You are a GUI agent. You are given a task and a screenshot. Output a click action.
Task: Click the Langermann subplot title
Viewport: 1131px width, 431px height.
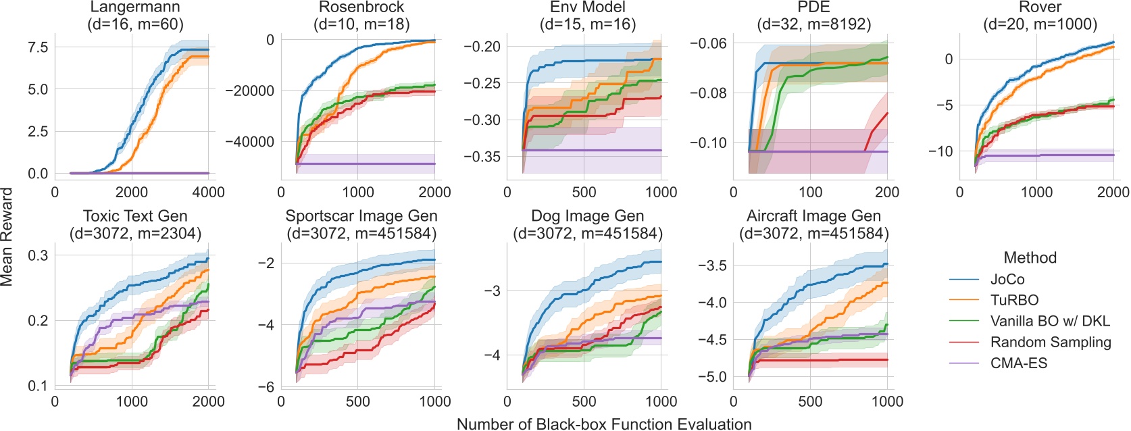135,8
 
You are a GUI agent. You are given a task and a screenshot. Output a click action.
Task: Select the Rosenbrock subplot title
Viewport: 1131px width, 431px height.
361,8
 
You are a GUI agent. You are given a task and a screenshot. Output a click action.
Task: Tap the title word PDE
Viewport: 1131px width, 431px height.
813,8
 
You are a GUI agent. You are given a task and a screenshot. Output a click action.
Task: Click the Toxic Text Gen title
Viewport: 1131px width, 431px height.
135,216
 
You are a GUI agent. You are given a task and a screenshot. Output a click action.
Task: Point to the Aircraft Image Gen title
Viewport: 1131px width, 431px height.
813,216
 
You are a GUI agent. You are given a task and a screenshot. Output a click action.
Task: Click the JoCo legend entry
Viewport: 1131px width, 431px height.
1007,279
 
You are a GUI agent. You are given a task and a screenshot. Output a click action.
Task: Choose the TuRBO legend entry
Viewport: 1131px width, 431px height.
1013,300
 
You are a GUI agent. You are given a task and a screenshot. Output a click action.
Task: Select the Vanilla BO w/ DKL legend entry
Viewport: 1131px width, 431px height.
1049,321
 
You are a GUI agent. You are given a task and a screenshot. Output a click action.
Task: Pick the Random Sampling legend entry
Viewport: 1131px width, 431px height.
1050,342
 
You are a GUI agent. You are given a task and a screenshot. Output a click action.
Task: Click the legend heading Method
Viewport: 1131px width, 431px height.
1030,257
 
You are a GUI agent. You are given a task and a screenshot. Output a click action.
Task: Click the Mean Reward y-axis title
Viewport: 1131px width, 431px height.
7,236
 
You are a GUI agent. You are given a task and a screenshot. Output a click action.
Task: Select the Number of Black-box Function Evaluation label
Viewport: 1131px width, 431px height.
604,424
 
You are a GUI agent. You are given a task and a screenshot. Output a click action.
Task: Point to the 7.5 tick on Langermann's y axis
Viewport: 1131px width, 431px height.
38,47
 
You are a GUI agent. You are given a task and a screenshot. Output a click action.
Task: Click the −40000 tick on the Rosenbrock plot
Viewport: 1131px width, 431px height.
249,142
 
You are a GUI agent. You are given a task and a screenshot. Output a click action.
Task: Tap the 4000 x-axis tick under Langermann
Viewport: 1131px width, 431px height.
208,193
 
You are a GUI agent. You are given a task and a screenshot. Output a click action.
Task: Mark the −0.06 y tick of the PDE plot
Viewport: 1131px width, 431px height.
707,43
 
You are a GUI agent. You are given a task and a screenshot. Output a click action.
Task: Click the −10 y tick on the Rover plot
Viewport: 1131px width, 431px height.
940,151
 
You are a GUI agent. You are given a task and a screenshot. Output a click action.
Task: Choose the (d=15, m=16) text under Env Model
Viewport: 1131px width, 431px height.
587,25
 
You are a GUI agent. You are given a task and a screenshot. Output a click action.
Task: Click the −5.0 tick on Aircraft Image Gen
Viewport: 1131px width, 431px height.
711,376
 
